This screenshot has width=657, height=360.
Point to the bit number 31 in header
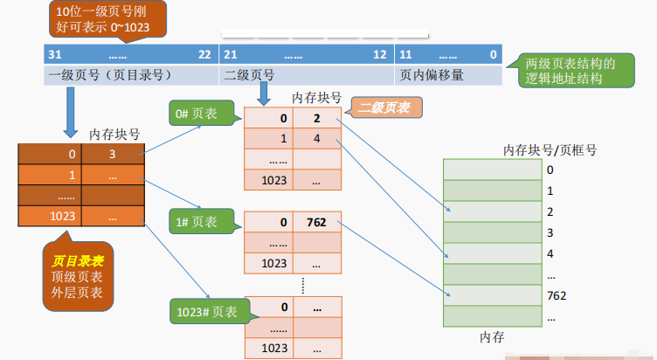(x=54, y=54)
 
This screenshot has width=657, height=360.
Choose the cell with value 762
(x=315, y=222)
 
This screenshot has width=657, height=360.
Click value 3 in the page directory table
(x=112, y=155)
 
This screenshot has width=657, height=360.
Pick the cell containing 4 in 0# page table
(x=315, y=139)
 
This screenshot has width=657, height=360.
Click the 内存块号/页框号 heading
(x=550, y=150)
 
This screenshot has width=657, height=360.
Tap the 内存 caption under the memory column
(x=493, y=336)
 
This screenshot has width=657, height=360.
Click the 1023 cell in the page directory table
(x=50, y=216)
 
